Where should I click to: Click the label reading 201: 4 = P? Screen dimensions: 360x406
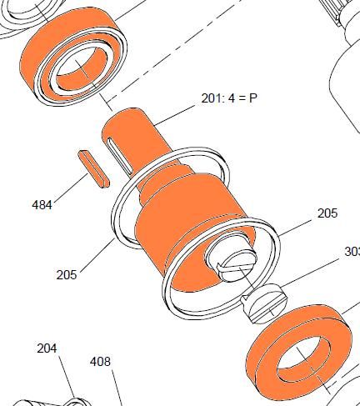tap(229, 98)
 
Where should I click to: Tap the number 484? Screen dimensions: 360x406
tap(42, 205)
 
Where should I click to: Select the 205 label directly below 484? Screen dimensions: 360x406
tap(67, 275)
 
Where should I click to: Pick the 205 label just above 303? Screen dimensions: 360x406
tap(327, 213)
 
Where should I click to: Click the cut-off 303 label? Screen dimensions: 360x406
tap(352, 252)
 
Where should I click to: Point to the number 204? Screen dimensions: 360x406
tap(47, 348)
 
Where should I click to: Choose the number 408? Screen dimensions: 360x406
tap(100, 362)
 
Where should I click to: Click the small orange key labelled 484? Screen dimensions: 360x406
tap(94, 169)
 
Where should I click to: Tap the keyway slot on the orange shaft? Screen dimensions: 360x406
tap(120, 156)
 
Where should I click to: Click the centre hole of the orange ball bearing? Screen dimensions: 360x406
tap(81, 68)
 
